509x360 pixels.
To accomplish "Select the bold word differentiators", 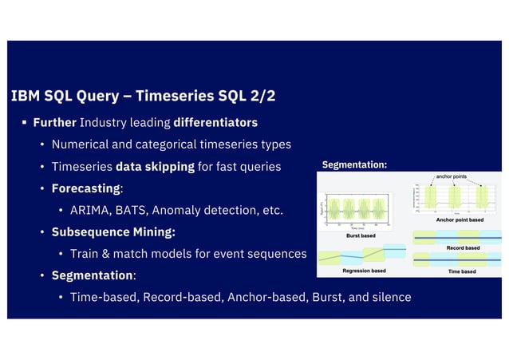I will [x=215, y=123].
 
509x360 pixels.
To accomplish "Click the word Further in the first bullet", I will [x=54, y=123].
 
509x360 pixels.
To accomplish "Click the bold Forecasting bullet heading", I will [x=86, y=188].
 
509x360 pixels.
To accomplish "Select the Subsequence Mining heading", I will [x=112, y=232].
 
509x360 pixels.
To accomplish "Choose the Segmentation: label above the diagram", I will [x=354, y=165].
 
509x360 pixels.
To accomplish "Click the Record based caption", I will [x=463, y=248].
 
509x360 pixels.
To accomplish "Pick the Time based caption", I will [x=463, y=271].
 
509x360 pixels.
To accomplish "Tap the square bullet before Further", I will [x=25, y=123].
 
